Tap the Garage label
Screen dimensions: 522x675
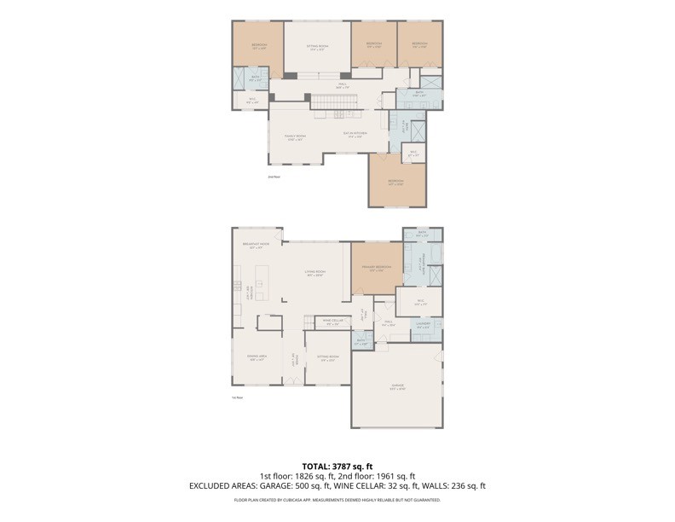coord(398,386)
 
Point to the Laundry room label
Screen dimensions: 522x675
coord(424,325)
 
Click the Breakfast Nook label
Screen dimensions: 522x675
coord(257,245)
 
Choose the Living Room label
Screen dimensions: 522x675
coord(315,273)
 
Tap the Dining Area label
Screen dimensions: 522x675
coord(257,358)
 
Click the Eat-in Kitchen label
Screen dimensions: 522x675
coord(354,135)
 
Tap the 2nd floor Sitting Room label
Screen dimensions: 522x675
coord(317,47)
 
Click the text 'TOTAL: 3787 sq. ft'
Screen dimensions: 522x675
coord(337,466)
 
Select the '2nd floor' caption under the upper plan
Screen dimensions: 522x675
coord(274,177)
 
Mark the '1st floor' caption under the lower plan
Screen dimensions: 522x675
coord(238,397)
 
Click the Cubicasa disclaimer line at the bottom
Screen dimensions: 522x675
coord(337,500)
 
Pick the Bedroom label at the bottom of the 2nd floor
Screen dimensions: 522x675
coord(396,182)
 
